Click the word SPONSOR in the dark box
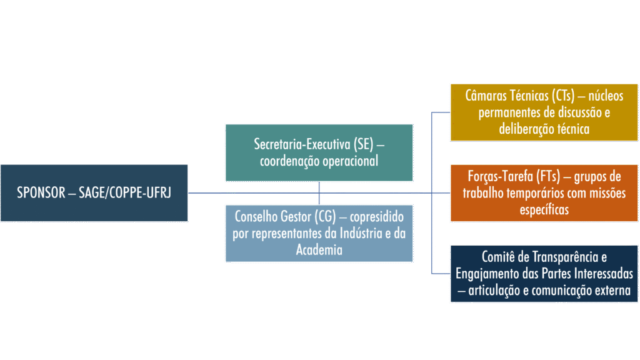click(41, 192)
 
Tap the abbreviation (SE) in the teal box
click(363, 144)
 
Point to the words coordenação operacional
click(319, 161)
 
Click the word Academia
click(319, 250)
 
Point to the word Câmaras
click(486, 96)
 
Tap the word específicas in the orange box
click(544, 209)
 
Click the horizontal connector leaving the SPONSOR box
click(206, 193)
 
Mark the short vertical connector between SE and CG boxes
click(319, 193)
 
